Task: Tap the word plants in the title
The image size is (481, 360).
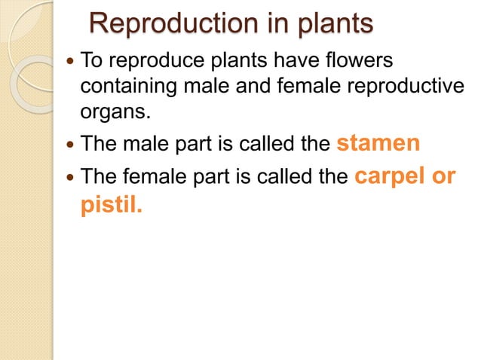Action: (328, 24)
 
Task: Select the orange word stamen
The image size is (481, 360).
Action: (378, 143)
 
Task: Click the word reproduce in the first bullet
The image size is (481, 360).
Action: (145, 59)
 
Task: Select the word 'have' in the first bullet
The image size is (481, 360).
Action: (308, 59)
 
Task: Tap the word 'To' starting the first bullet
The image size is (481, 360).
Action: (91, 59)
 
